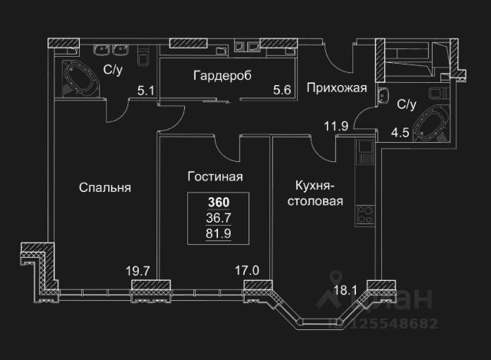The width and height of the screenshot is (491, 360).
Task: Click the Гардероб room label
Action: point(223,75)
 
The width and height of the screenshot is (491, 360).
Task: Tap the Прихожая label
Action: point(336,88)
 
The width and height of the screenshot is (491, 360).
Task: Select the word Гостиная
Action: point(215,177)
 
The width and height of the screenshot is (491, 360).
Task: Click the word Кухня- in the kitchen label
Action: point(315,187)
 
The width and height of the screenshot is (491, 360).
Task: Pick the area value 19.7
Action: point(139,269)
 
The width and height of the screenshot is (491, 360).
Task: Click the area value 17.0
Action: point(247,269)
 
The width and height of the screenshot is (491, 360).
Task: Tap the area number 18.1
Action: point(346,289)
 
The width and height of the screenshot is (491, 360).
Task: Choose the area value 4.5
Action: point(400,131)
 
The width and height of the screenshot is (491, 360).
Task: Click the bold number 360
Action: point(219,203)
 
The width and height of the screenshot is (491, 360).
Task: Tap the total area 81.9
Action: point(219,233)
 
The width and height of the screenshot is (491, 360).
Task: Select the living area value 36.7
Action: point(219,218)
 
